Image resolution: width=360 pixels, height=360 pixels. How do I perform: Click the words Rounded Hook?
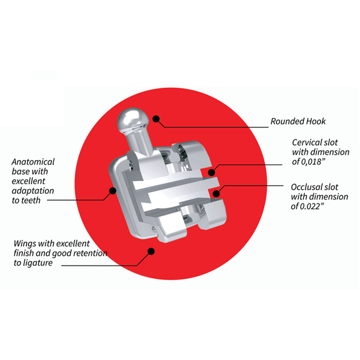[298, 121]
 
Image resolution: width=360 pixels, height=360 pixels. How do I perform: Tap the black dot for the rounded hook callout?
[156, 119]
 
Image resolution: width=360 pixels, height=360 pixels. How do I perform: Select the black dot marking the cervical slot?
[212, 172]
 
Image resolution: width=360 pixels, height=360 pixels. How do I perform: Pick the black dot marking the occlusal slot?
[216, 193]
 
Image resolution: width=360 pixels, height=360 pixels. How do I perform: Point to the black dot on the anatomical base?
[112, 190]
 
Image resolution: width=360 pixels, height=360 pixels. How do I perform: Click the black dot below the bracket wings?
[151, 251]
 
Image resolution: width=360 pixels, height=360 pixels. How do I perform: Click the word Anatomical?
[33, 162]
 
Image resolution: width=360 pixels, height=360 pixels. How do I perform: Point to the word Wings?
[25, 244]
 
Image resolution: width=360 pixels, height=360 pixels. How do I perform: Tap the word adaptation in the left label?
[33, 191]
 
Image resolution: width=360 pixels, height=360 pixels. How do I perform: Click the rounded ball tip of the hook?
[132, 118]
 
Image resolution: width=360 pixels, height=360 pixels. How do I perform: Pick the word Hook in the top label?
[316, 121]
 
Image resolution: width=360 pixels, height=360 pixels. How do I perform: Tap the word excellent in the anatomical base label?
[28, 181]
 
